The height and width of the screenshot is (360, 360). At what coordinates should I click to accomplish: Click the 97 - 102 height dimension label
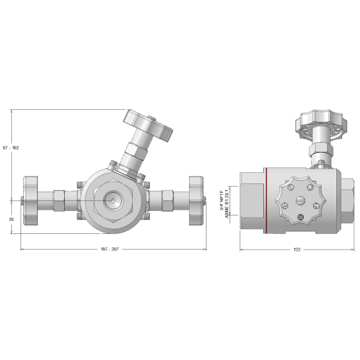pyautogui.click(x=11, y=148)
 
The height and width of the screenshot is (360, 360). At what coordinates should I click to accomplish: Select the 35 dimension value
pyautogui.click(x=11, y=220)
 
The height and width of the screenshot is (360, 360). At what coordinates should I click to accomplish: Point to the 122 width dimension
pyautogui.click(x=296, y=250)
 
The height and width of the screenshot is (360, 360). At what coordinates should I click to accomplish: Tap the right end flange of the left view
pyautogui.click(x=195, y=200)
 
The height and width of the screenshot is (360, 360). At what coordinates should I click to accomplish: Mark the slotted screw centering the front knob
pyautogui.click(x=300, y=200)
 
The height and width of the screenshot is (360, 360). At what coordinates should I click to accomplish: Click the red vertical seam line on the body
pyautogui.click(x=266, y=200)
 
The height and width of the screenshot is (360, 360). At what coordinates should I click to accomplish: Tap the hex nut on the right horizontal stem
pyautogui.click(x=167, y=200)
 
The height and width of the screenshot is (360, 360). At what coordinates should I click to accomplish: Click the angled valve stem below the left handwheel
pyautogui.click(x=134, y=153)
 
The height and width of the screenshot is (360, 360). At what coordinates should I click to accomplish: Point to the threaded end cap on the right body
pyautogui.click(x=348, y=200)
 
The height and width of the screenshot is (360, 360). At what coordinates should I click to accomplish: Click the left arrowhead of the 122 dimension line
pyautogui.click(x=242, y=250)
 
